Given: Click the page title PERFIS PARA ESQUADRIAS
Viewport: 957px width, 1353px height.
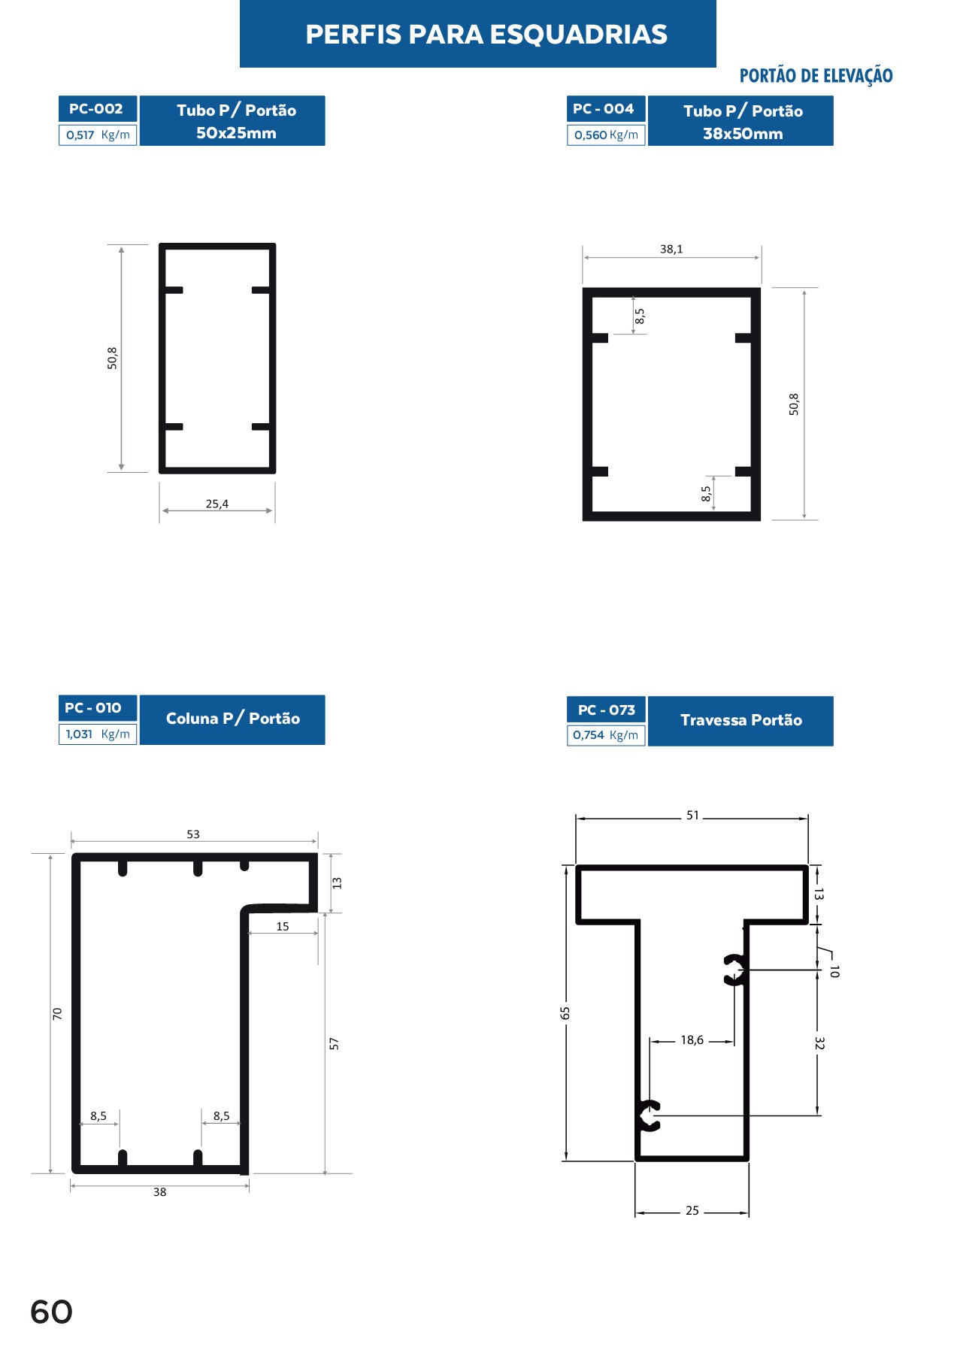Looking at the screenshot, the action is click(486, 35).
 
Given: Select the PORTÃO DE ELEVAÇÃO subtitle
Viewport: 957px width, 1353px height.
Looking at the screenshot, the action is click(816, 76).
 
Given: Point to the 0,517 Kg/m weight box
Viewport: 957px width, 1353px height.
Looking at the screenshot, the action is click(98, 135).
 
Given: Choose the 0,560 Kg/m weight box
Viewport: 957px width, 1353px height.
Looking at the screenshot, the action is click(606, 135).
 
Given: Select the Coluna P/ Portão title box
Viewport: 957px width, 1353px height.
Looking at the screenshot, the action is click(232, 719).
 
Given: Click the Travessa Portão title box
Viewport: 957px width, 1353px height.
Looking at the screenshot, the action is click(740, 721).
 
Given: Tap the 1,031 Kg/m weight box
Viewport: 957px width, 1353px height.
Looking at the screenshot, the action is click(98, 734).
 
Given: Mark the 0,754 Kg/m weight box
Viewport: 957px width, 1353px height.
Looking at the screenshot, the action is click(606, 735).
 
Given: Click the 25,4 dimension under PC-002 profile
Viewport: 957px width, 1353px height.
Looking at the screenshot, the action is click(217, 504).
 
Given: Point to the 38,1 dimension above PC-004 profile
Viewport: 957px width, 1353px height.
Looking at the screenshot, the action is click(671, 249).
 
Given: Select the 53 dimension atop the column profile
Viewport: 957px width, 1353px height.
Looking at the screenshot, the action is click(193, 834).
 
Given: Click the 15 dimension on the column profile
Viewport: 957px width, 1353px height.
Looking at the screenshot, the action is click(283, 927).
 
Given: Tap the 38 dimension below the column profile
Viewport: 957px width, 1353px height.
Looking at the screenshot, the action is click(160, 1192).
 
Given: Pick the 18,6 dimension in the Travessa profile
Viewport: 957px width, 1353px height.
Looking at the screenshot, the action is click(692, 1040).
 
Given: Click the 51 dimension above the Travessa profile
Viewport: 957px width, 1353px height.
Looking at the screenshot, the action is click(692, 816).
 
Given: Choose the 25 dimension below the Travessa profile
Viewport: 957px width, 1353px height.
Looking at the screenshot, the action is click(692, 1211).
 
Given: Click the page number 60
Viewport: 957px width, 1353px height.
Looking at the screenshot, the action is click(51, 1312).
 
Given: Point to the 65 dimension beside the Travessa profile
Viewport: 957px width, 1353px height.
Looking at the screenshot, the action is click(565, 1013).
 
